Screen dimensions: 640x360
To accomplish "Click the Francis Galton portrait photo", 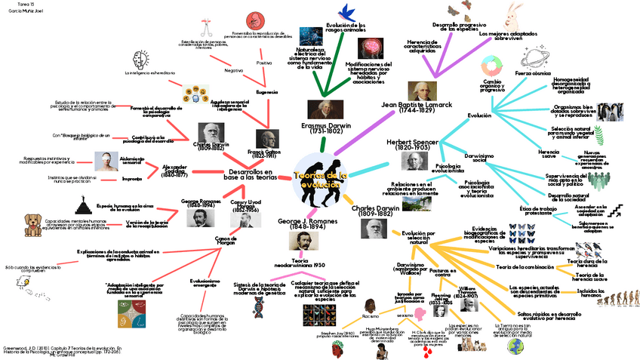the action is [266, 140].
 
